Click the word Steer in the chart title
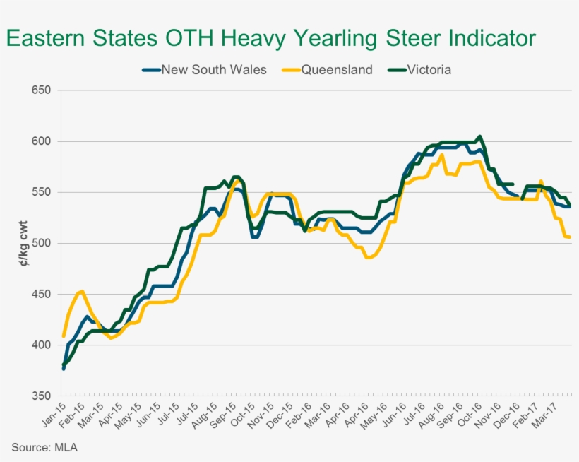click(402, 38)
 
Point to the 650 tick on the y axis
click(42, 90)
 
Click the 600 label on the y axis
click(42, 141)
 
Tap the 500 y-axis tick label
click(42, 243)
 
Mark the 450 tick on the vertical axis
click(42, 294)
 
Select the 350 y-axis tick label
click(42, 396)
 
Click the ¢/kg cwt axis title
click(23, 243)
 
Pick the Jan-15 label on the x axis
click(56, 413)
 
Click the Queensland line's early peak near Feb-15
click(82, 291)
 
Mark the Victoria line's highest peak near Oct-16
click(480, 136)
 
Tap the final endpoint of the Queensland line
click(570, 237)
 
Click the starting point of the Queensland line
click(64, 336)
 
